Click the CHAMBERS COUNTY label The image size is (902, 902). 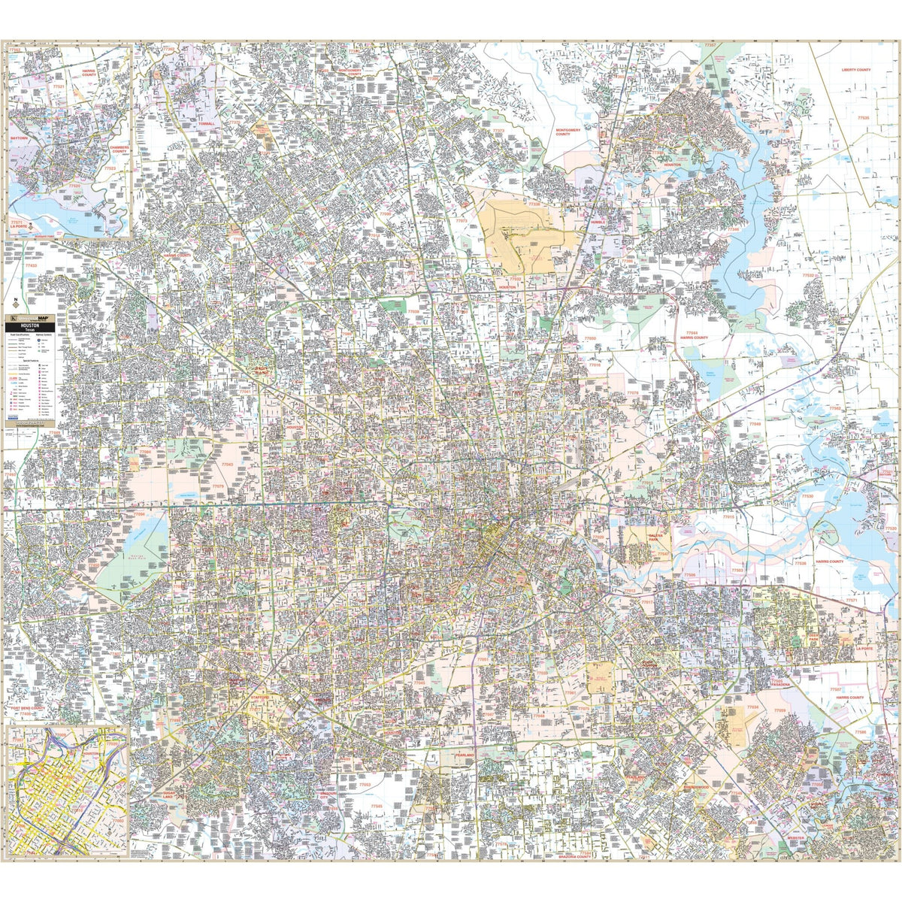119,149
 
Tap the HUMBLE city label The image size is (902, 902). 598,223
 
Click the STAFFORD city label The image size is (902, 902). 261,698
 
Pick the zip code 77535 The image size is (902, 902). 864,118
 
